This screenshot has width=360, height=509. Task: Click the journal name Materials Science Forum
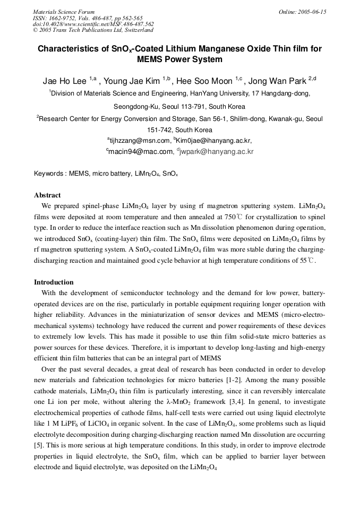tap(64, 12)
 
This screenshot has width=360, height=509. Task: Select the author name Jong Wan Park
tap(278, 81)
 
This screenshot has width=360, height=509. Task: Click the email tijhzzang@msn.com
tap(139, 141)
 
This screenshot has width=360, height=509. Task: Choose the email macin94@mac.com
tap(140, 151)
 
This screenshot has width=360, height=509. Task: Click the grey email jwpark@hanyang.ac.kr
tap(217, 151)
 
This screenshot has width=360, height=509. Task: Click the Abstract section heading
tap(47, 195)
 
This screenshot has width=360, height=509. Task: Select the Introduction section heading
tap(54, 282)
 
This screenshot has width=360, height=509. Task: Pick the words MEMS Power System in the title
tap(179, 59)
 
